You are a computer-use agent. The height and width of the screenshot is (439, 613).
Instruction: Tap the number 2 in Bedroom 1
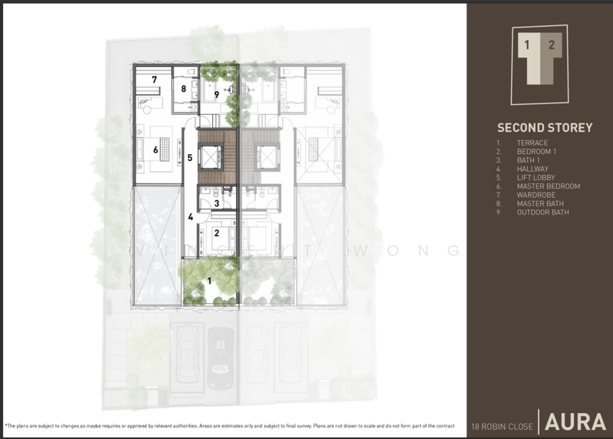tap(217, 233)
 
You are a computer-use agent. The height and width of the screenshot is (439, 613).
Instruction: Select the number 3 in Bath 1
tap(217, 203)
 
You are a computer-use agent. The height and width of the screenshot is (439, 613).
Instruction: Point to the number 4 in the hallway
tap(191, 217)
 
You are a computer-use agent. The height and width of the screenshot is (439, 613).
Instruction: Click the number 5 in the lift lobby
tap(189, 158)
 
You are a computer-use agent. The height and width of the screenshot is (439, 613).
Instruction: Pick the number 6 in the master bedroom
tap(155, 150)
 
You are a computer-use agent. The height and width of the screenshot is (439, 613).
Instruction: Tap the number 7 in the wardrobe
tap(154, 80)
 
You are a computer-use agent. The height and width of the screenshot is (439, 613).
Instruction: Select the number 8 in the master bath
tap(184, 89)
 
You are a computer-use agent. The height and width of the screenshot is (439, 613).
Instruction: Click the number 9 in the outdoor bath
tap(217, 94)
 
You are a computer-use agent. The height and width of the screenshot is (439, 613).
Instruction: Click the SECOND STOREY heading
tap(544, 128)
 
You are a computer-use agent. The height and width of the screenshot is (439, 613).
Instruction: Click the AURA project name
tap(576, 422)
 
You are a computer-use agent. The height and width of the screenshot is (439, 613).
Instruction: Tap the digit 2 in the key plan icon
tap(551, 45)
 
